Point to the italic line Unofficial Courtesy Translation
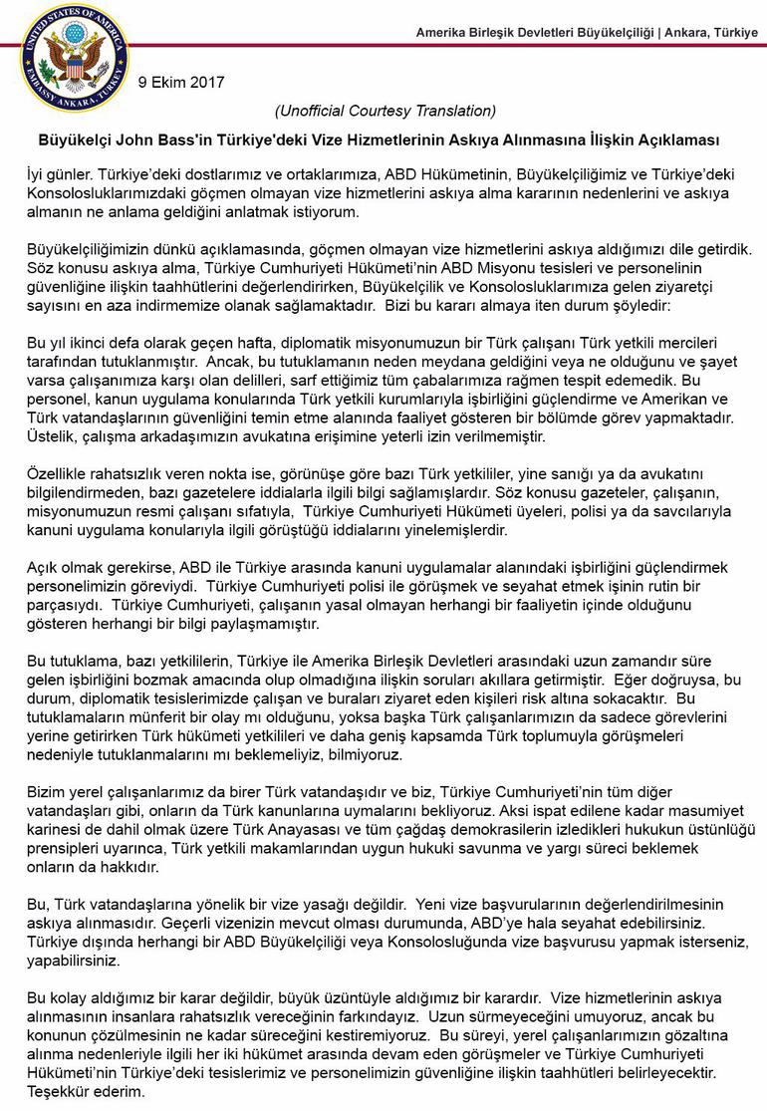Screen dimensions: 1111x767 pos(384,110)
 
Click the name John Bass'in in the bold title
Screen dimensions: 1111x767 pos(156,139)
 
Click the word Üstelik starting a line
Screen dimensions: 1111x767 pos(51,435)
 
